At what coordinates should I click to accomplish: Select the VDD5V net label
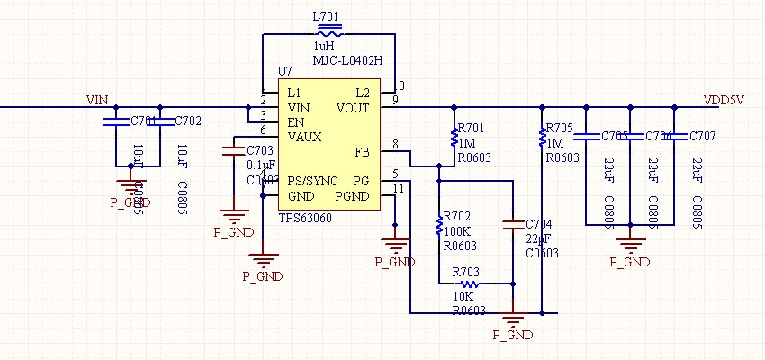tap(723, 99)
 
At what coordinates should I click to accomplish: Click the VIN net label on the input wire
tap(98, 99)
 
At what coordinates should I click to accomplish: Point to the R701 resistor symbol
tap(454, 138)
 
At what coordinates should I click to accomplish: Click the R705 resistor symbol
tap(542, 138)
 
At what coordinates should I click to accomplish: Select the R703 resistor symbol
tap(468, 283)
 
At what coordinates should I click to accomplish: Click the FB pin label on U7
tap(362, 152)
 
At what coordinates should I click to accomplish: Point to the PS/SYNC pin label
tap(312, 181)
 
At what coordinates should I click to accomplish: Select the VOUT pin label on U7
tap(353, 108)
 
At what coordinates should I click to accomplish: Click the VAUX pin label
tap(305, 137)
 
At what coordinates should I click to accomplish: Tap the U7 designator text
tap(284, 70)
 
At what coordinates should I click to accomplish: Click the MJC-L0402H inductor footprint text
tap(347, 60)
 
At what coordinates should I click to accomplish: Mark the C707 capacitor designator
tap(703, 136)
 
